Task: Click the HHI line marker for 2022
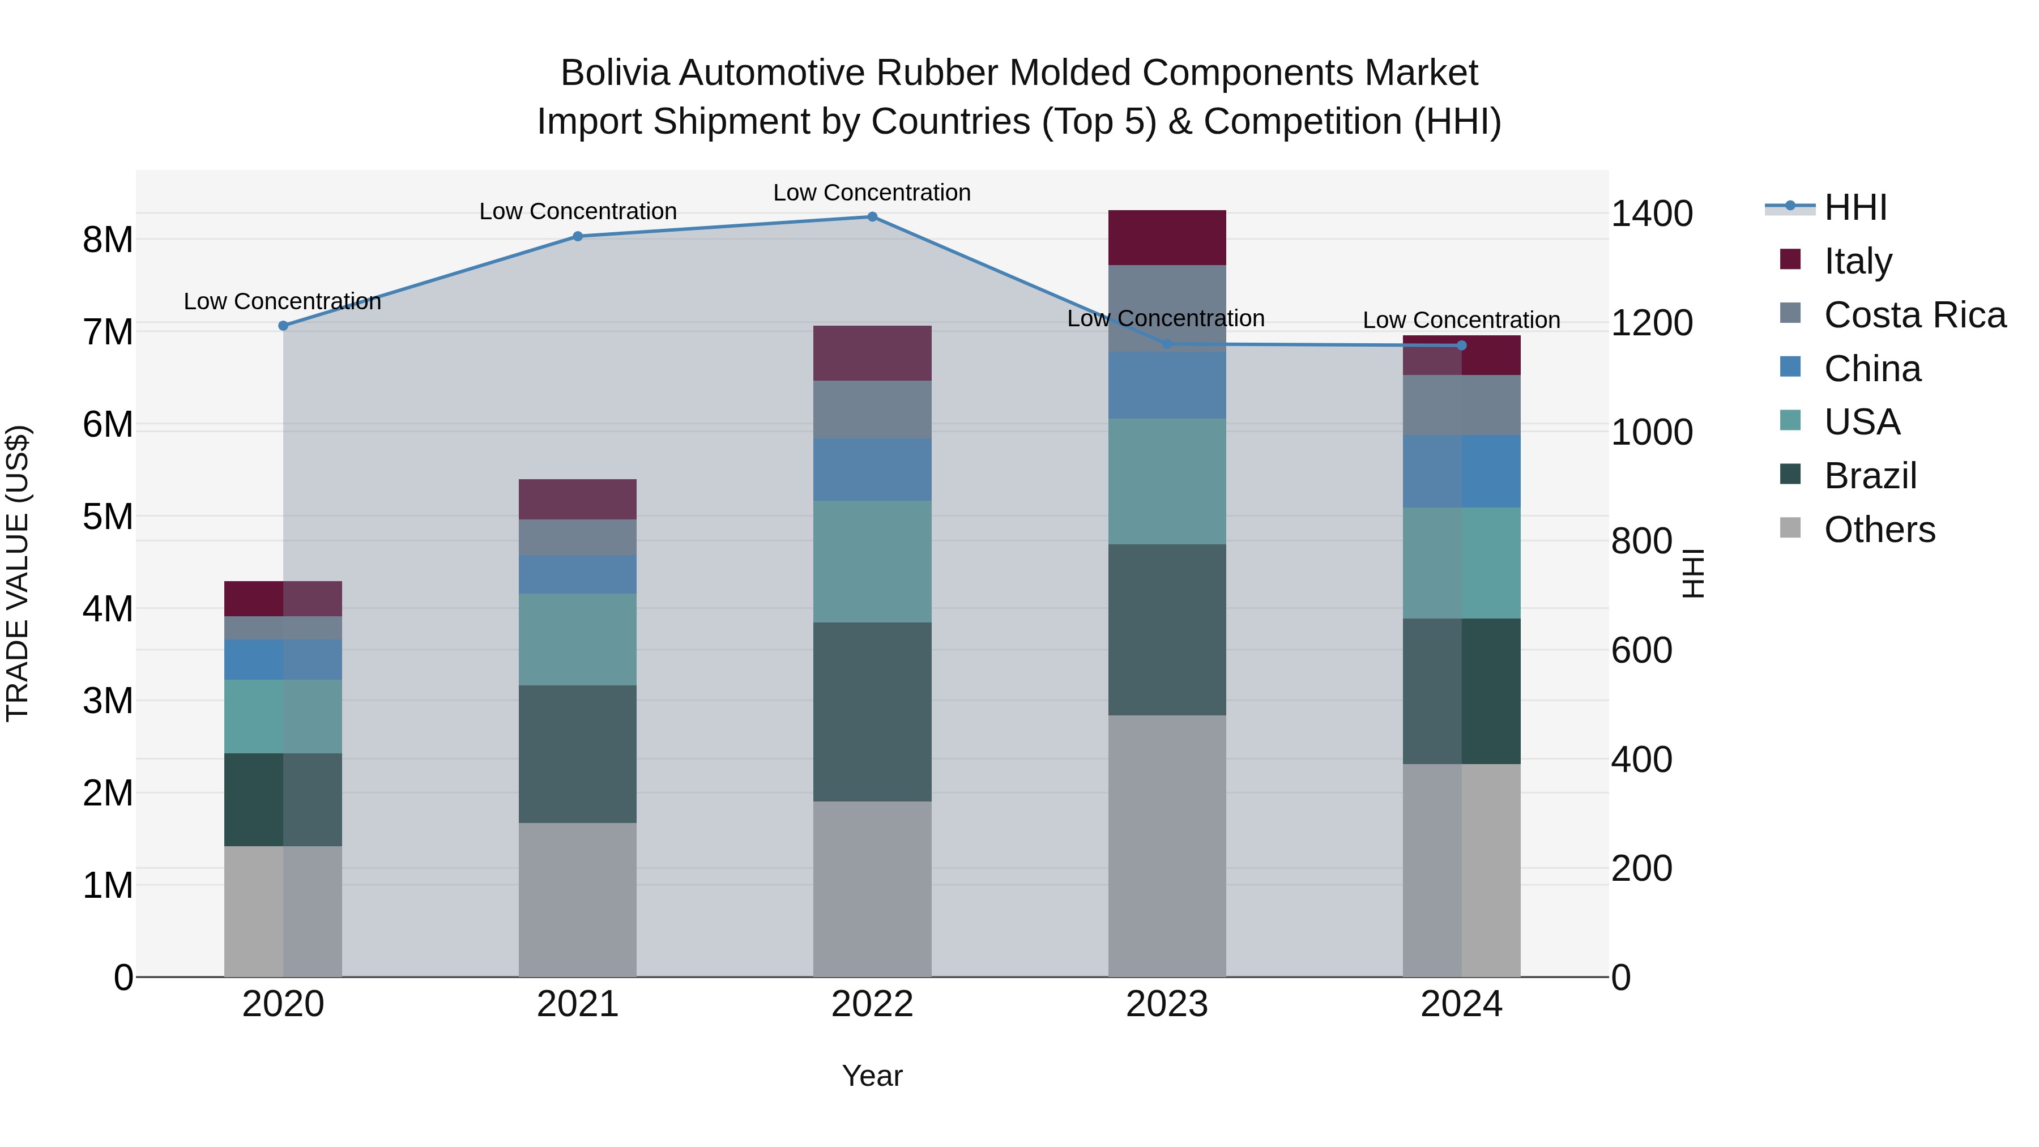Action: pyautogui.click(x=872, y=217)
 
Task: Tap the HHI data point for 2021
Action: pyautogui.click(x=578, y=236)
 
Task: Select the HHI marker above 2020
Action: pyautogui.click(x=283, y=325)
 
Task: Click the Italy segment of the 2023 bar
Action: pyautogui.click(x=1167, y=237)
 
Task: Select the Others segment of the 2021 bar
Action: pyautogui.click(x=578, y=899)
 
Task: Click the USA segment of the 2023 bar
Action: pyautogui.click(x=1167, y=481)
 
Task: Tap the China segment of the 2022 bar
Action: pyautogui.click(x=872, y=470)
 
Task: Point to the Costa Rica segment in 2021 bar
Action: pyautogui.click(x=578, y=537)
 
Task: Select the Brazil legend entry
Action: pyautogui.click(x=1870, y=476)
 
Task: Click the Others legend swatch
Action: pyautogui.click(x=1790, y=528)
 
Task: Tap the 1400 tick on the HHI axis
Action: pyautogui.click(x=1652, y=214)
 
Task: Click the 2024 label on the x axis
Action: pyautogui.click(x=1461, y=1004)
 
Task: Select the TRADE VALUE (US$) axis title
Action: pyautogui.click(x=18, y=573)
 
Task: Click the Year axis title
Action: pyautogui.click(x=872, y=1076)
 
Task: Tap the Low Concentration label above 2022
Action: pyautogui.click(x=872, y=193)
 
